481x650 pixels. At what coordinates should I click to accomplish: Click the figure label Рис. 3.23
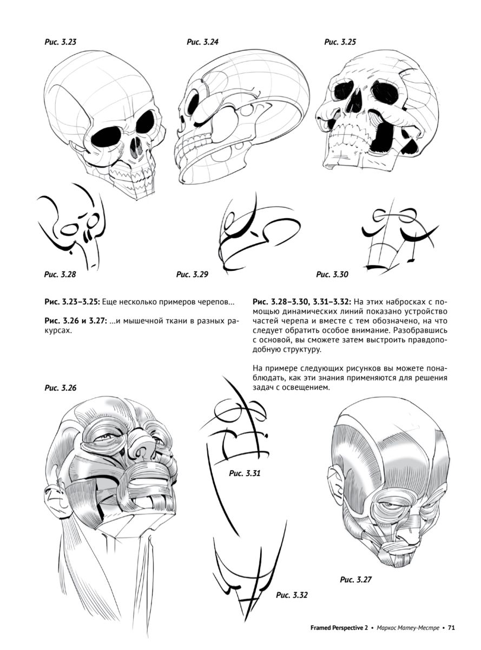pyautogui.click(x=60, y=42)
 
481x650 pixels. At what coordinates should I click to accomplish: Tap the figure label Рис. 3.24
pyautogui.click(x=202, y=42)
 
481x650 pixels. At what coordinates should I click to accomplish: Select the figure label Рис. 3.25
pyautogui.click(x=340, y=42)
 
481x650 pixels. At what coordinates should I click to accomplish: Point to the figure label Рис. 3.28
pyautogui.click(x=60, y=274)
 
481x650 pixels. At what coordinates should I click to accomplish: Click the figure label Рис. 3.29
pyautogui.click(x=192, y=274)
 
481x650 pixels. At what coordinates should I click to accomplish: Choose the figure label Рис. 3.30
pyautogui.click(x=332, y=274)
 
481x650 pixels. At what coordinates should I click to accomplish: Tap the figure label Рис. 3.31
pyautogui.click(x=245, y=473)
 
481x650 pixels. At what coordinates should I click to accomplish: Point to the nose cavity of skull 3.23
pyautogui.click(x=135, y=147)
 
